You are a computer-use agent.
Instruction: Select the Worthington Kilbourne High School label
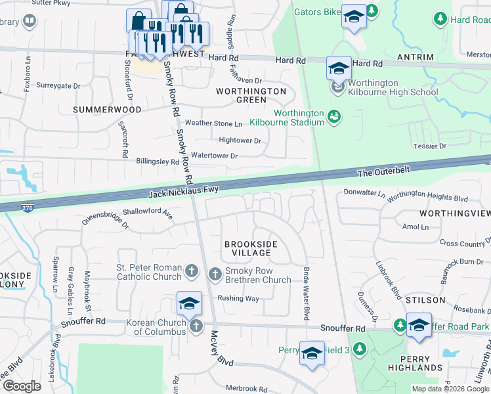(x=393, y=87)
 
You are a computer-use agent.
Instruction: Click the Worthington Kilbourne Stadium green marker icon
(x=334, y=116)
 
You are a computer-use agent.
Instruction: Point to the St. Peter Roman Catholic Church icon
(x=191, y=271)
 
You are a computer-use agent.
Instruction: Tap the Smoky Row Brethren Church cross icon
(x=215, y=274)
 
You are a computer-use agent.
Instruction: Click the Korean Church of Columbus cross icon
(x=195, y=326)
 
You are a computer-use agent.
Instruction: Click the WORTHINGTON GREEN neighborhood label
(x=251, y=95)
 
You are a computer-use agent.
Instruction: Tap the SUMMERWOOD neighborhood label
(x=107, y=110)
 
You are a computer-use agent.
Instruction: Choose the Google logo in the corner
(x=22, y=386)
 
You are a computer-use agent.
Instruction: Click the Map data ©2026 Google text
(x=450, y=388)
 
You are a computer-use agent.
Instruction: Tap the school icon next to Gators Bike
(x=354, y=16)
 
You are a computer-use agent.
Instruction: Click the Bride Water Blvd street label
(x=306, y=294)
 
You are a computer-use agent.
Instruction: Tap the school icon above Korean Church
(x=189, y=303)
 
